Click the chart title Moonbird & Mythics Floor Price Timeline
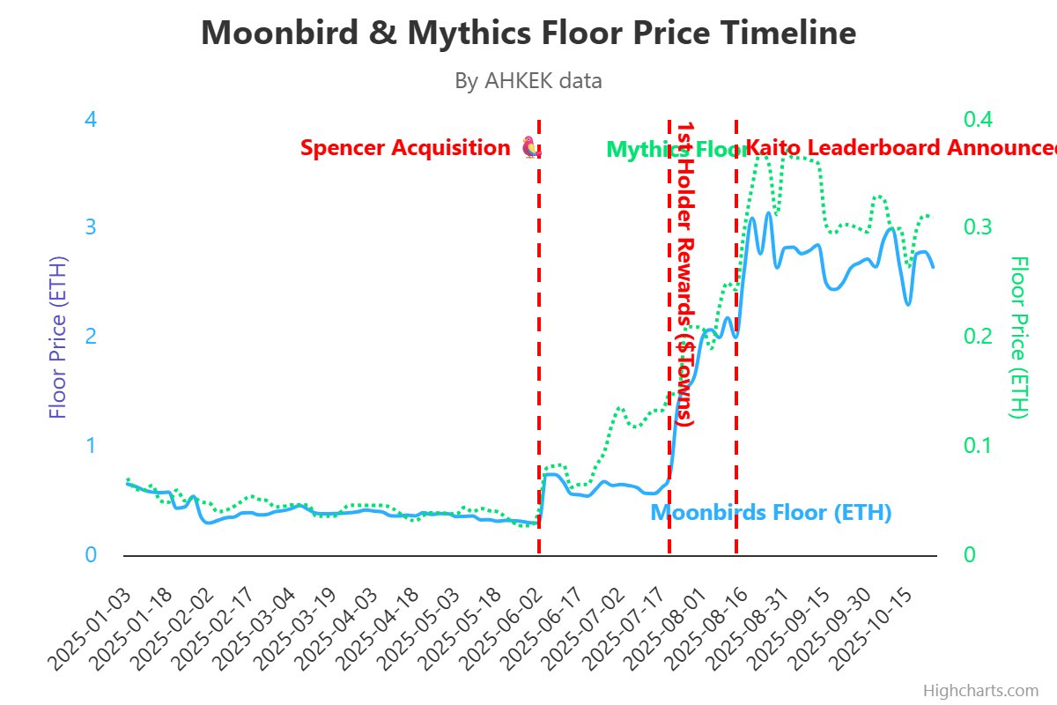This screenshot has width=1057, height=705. coord(528,33)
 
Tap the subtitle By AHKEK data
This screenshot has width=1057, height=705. coord(528,81)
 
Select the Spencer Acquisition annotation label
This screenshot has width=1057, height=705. coord(405,148)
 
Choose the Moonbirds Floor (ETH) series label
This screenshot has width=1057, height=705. coord(771,513)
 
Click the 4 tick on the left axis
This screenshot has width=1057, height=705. coord(90,119)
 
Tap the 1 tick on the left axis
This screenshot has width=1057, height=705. coord(90,446)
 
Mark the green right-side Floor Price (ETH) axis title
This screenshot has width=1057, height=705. coord(1019,338)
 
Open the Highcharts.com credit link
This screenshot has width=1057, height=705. coord(980,691)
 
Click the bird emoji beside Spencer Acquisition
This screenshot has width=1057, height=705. coord(530,147)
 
